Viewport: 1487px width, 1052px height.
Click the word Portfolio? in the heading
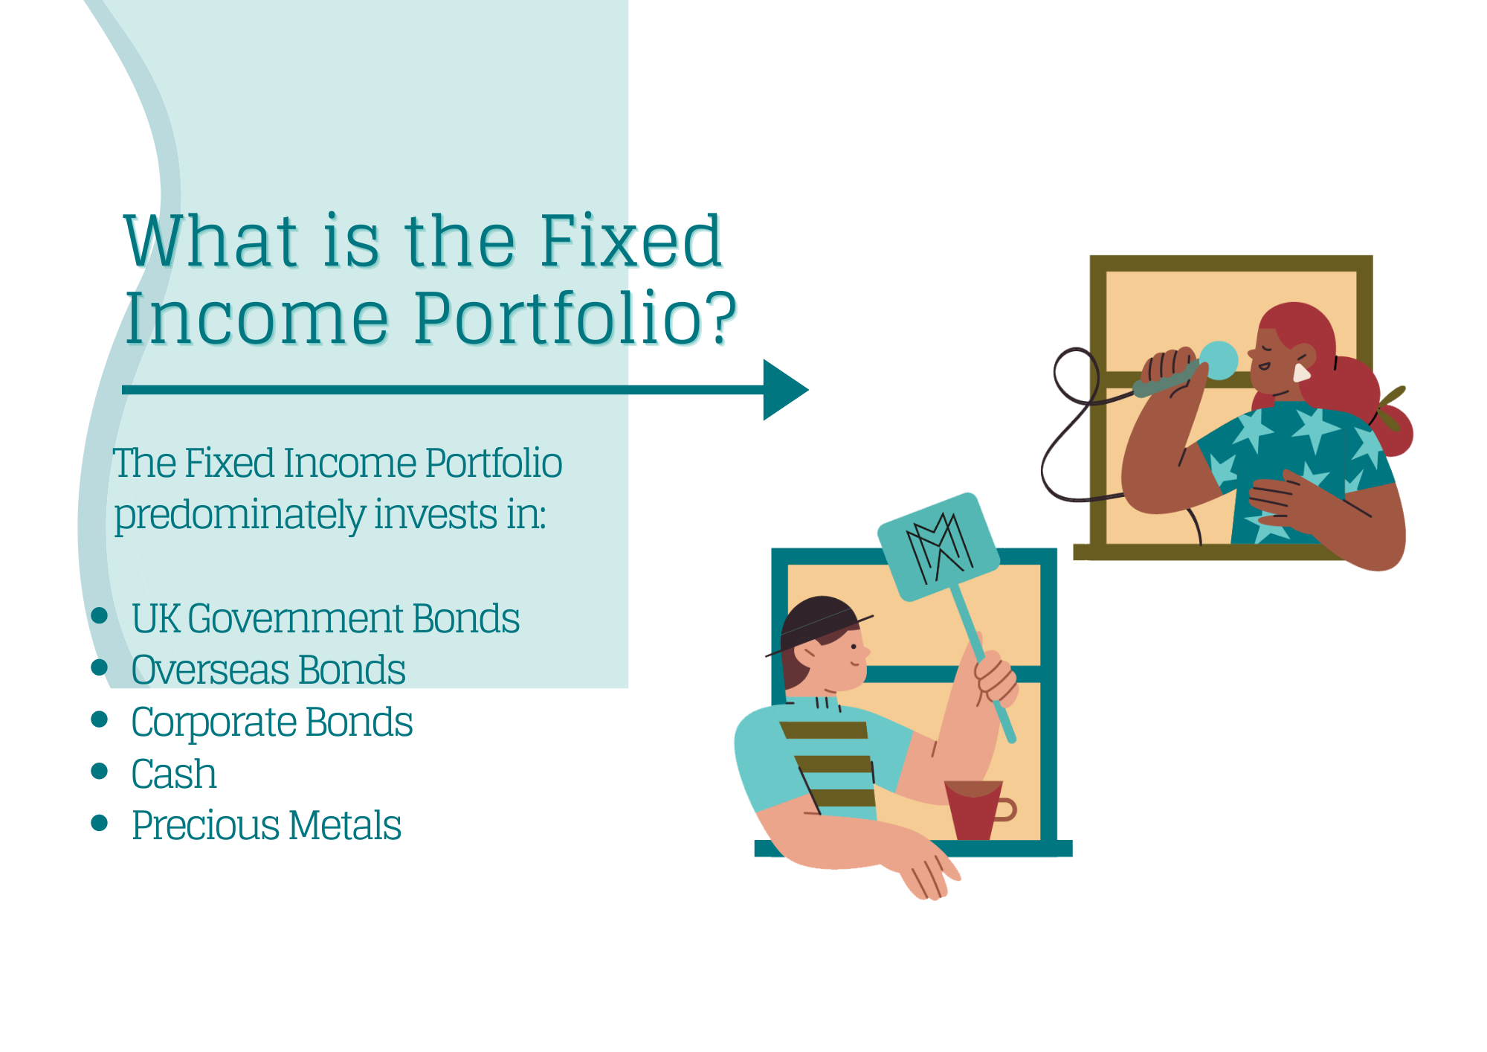pyautogui.click(x=575, y=318)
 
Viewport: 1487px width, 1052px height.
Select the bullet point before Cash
pyautogui.click(x=100, y=771)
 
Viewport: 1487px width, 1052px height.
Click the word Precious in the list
pyautogui.click(x=206, y=826)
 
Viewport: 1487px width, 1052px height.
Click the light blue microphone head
pyautogui.click(x=1218, y=360)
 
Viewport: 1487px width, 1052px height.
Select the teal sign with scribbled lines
pyautogui.click(x=938, y=547)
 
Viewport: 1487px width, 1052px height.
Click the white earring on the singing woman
pyautogui.click(x=1301, y=372)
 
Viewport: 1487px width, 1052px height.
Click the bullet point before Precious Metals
pyautogui.click(x=100, y=822)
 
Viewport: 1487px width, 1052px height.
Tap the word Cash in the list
pyautogui.click(x=174, y=774)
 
